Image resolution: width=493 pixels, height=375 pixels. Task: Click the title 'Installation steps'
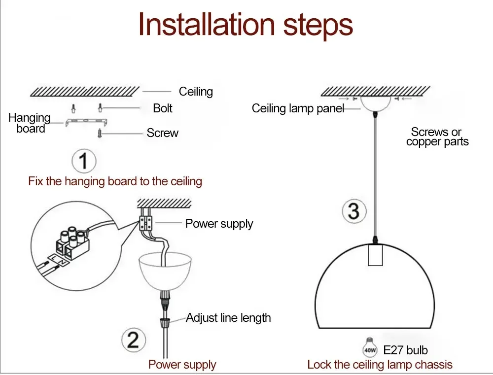[x=246, y=25]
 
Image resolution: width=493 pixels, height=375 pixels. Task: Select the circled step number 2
[x=133, y=341]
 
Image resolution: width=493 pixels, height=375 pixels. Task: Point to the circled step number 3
[x=353, y=211]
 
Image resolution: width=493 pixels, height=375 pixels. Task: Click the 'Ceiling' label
[x=196, y=92]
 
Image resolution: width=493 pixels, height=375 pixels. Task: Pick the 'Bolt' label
[x=163, y=108]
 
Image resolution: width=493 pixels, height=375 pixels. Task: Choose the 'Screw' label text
[x=162, y=133]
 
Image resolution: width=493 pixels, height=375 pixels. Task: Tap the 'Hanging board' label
[x=30, y=123]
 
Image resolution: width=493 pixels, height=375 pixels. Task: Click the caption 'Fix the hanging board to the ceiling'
[x=115, y=181]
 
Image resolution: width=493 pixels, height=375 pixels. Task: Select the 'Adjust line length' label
[x=228, y=318]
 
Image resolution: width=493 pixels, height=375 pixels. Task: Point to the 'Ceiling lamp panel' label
[x=298, y=108]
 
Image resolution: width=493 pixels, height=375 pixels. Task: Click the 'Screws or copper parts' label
[x=437, y=137]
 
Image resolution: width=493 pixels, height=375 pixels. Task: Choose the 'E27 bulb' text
[x=405, y=350]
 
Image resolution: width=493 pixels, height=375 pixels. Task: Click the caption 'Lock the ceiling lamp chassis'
[x=380, y=365]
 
